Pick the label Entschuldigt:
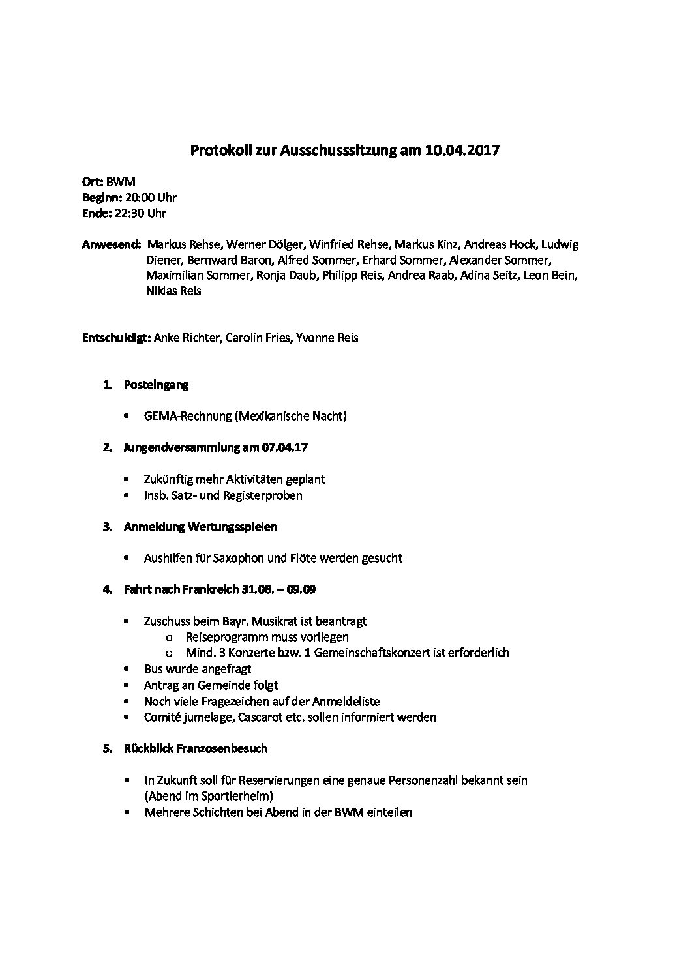pyautogui.click(x=117, y=338)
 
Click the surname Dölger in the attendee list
pyautogui.click(x=284, y=245)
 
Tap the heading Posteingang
pyautogui.click(x=156, y=385)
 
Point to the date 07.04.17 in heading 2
pyautogui.click(x=286, y=447)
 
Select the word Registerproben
pyautogui.click(x=263, y=495)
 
